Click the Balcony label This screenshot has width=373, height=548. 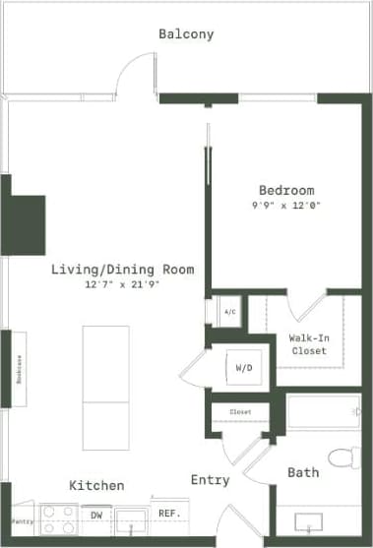pyautogui.click(x=186, y=34)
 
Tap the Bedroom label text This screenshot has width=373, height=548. pyautogui.click(x=286, y=190)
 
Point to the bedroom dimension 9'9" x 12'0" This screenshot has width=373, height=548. pyautogui.click(x=286, y=206)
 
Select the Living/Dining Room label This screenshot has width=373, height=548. pyautogui.click(x=123, y=270)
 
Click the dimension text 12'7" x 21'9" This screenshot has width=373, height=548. pyautogui.click(x=123, y=285)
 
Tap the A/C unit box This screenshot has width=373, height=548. pyautogui.click(x=229, y=312)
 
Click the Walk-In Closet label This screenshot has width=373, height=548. pyautogui.click(x=308, y=344)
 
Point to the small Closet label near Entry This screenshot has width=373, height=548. pyautogui.click(x=240, y=411)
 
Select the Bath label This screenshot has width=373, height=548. pyautogui.click(x=303, y=473)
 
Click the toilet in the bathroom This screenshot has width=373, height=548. pyautogui.click(x=343, y=458)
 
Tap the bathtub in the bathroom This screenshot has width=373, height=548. pyautogui.click(x=323, y=411)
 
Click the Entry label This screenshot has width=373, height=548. pyautogui.click(x=210, y=480)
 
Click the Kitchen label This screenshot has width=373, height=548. pyautogui.click(x=96, y=486)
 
